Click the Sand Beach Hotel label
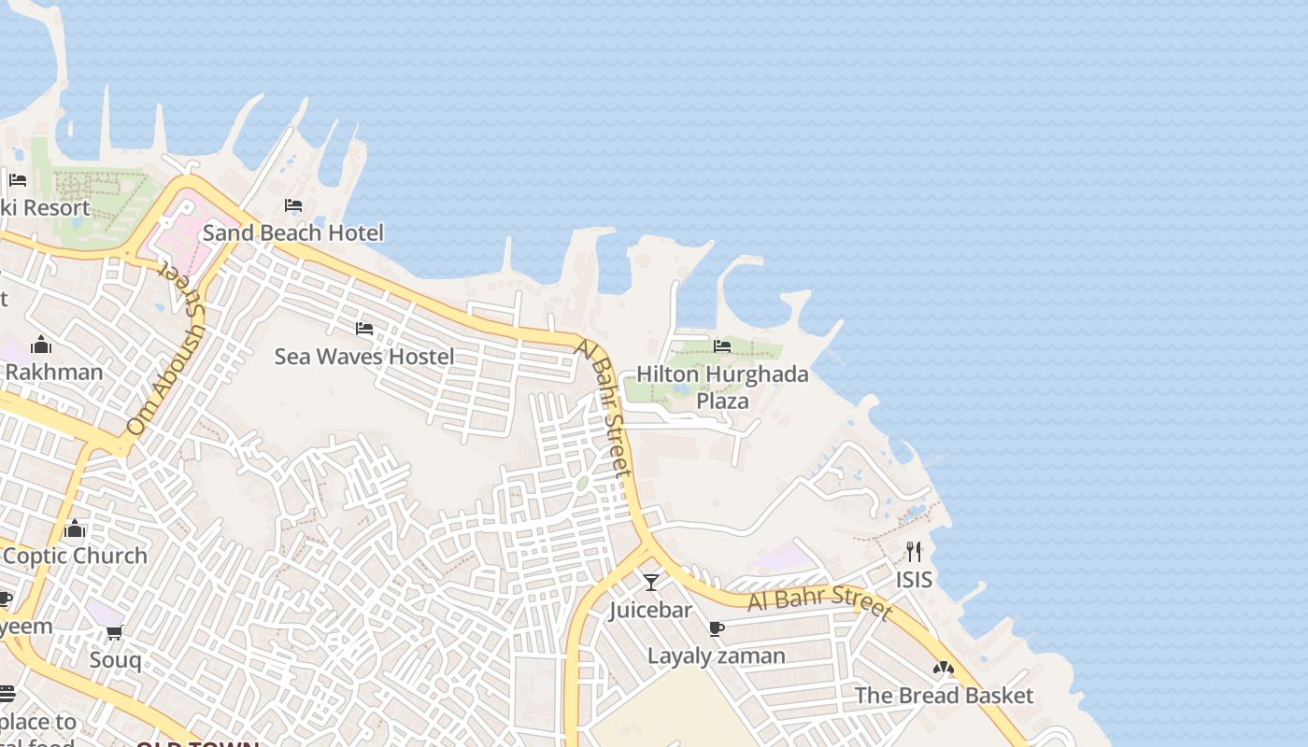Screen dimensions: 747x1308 tap(292, 233)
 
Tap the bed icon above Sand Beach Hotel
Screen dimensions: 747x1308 tap(293, 205)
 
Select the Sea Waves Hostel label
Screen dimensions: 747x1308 tap(364, 356)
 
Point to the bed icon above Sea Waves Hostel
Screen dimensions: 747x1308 tap(364, 329)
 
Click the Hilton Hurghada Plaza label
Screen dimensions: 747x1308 tap(722, 387)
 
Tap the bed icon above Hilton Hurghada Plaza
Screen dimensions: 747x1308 tap(722, 346)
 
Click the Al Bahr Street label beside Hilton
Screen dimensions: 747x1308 tap(606, 408)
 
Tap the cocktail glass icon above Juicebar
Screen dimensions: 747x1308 tap(651, 583)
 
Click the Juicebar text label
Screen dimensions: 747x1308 tap(651, 610)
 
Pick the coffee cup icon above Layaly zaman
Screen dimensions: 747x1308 tap(717, 628)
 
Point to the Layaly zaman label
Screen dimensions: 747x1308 tap(717, 655)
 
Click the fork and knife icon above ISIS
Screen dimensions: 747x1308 tap(914, 552)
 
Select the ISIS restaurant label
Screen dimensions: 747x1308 tap(914, 580)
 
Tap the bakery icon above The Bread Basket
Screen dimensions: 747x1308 tap(944, 669)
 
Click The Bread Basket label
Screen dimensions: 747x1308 tap(944, 696)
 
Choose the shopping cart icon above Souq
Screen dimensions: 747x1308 tap(115, 633)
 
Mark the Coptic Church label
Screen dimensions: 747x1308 tap(75, 556)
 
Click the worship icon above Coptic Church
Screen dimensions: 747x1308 tap(75, 529)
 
